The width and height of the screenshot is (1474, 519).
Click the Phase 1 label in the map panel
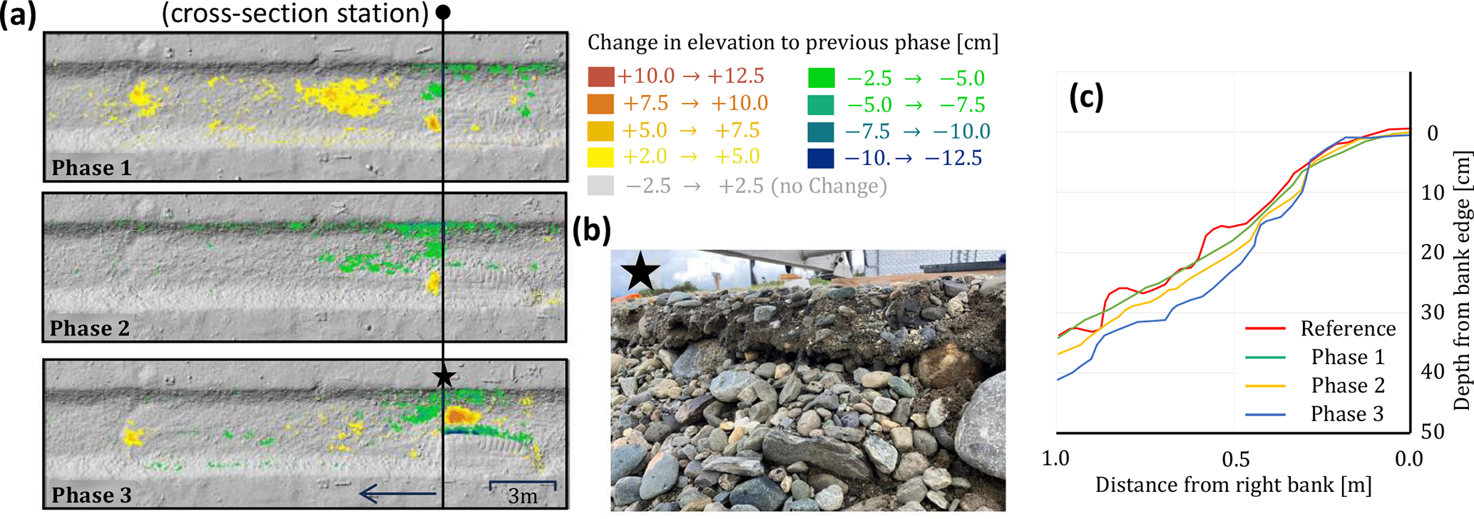click(x=91, y=168)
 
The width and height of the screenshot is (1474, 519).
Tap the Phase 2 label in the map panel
click(x=90, y=328)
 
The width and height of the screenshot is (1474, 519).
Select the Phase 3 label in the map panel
click(x=91, y=495)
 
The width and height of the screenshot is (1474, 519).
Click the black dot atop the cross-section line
click(x=443, y=12)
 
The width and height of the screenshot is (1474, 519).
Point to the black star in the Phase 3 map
click(x=444, y=376)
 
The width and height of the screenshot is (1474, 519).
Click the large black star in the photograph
click(x=640, y=272)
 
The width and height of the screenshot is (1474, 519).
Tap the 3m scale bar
click(x=523, y=488)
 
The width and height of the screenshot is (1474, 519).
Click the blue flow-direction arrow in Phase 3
click(x=397, y=493)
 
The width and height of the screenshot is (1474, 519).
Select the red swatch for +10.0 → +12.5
click(x=601, y=76)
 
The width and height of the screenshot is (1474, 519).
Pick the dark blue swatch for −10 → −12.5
click(x=821, y=158)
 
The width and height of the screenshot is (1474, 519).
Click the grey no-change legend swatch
click(x=601, y=186)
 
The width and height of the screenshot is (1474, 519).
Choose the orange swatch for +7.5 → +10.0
click(x=601, y=104)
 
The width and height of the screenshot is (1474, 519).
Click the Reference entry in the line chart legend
click(x=1348, y=328)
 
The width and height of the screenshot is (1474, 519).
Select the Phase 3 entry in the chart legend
click(x=1346, y=414)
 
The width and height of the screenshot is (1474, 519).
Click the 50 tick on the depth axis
click(x=1432, y=431)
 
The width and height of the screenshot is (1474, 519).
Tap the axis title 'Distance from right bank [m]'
click(x=1233, y=485)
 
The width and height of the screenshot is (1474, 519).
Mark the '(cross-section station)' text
click(x=295, y=14)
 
